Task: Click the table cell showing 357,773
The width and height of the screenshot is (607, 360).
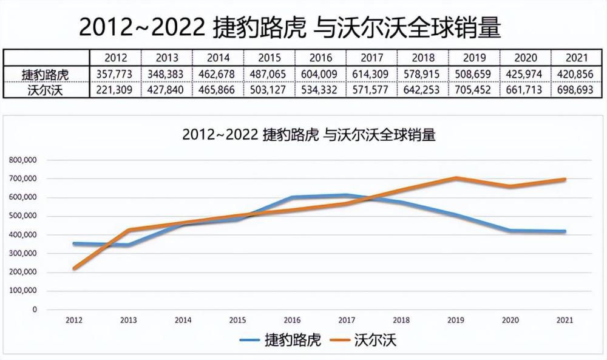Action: (114, 74)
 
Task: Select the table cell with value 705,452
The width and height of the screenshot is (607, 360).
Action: (473, 90)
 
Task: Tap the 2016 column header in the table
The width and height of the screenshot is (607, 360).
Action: (320, 58)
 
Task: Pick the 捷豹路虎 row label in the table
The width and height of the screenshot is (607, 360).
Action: (46, 74)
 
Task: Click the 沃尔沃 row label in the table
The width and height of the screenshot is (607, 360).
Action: (46, 90)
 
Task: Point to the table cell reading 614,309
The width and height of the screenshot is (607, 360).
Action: (370, 74)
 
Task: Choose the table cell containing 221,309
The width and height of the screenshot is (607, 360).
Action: (114, 90)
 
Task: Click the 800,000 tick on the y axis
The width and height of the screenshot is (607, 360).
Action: (23, 160)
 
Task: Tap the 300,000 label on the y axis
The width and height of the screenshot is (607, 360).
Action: (23, 253)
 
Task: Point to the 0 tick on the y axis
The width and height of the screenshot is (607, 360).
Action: (35, 309)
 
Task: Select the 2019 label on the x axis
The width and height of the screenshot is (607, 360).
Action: (456, 320)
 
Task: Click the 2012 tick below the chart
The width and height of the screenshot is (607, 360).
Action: (74, 320)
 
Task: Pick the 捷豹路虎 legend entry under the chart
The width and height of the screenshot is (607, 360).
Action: (280, 340)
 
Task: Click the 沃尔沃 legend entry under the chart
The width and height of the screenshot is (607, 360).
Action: (363, 340)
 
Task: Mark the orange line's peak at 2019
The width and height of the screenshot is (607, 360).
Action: (456, 178)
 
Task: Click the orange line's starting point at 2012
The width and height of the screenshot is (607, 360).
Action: (74, 268)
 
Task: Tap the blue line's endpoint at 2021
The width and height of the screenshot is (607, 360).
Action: (565, 231)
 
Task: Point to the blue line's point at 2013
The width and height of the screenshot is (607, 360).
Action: (129, 245)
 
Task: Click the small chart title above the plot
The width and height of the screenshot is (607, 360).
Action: (309, 135)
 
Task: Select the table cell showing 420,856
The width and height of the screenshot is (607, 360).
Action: (575, 74)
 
